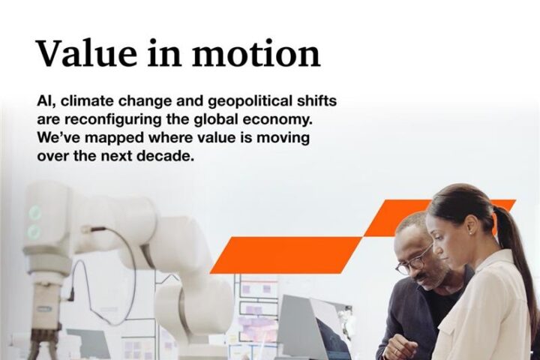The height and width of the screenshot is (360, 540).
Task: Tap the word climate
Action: pos(87,102)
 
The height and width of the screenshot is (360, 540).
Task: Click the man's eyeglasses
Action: pos(414,259)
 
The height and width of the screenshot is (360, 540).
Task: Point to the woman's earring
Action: pos(471,233)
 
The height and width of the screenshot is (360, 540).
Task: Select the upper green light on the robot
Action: pos(34,212)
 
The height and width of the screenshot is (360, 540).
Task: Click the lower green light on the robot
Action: pos(34,230)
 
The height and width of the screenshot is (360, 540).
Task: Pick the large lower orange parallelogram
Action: pos(286,255)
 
